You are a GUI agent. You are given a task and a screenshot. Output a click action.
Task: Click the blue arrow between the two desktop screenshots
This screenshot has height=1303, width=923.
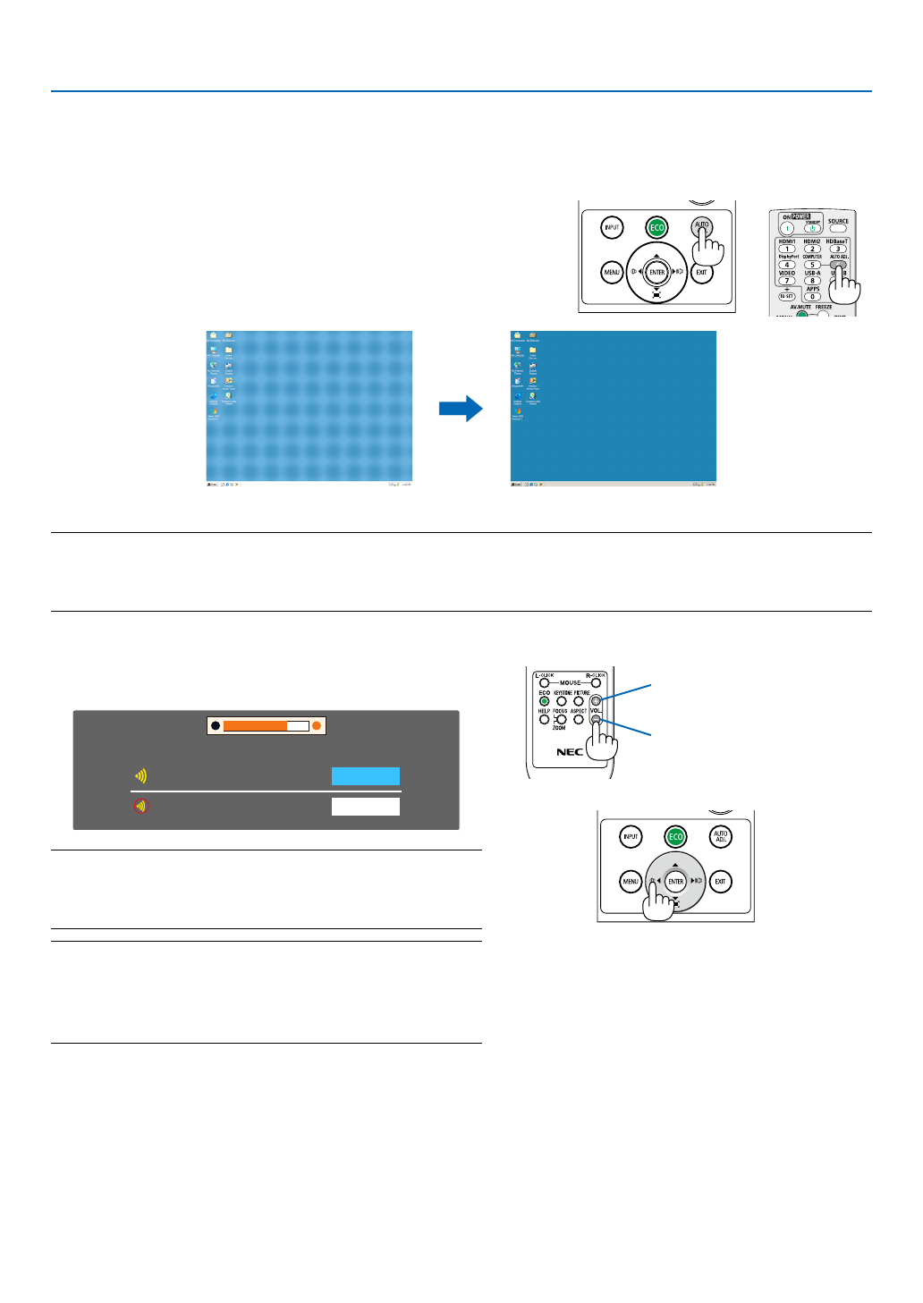[x=461, y=410]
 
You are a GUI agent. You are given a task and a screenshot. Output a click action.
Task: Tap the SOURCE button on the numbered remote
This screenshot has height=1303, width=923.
[x=838, y=229]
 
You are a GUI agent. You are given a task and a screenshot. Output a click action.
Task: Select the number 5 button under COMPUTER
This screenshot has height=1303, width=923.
[x=812, y=265]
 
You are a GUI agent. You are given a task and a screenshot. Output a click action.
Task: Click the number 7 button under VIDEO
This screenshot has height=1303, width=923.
[x=787, y=281]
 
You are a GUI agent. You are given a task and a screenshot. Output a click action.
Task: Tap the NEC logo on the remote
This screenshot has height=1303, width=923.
[x=570, y=752]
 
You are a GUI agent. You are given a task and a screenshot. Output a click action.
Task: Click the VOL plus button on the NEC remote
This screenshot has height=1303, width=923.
[x=597, y=701]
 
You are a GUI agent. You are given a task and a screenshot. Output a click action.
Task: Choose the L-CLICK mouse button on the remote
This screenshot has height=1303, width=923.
[x=544, y=683]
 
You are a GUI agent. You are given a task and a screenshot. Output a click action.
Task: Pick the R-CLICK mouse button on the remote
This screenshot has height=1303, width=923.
[x=597, y=683]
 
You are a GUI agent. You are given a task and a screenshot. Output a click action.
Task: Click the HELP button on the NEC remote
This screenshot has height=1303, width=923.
[x=544, y=719]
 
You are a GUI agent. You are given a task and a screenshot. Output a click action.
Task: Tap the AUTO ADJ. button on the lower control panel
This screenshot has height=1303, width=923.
[x=720, y=837]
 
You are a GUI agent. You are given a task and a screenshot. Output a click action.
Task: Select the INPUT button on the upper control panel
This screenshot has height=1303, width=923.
[x=612, y=227]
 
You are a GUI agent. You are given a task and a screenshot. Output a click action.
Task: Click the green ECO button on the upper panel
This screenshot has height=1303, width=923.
[x=657, y=227]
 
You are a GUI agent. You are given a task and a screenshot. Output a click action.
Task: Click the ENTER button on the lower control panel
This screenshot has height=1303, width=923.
[x=675, y=882]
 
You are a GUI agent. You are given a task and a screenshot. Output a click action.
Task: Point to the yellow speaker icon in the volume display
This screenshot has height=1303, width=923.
[x=140, y=776]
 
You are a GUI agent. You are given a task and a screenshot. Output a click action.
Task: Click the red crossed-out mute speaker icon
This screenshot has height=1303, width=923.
[x=140, y=806]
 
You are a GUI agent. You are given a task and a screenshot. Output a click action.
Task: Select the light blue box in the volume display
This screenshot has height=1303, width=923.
[x=365, y=776]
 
